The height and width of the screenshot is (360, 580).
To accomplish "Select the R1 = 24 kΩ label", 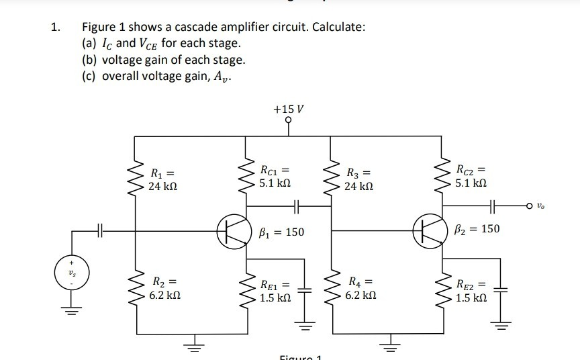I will coord(164,177).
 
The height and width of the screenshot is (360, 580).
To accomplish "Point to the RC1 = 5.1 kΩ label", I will coord(275,176).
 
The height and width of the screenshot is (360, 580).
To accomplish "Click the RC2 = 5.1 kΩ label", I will coord(469,176).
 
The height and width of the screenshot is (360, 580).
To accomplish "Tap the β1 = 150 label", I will coord(281,232).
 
